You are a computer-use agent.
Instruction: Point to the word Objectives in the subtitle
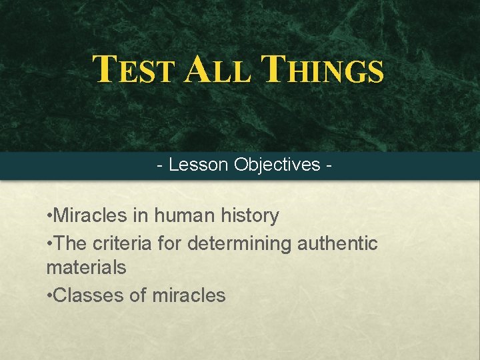[277, 165]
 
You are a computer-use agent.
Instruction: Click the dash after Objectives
[329, 165]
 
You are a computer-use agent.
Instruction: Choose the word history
[250, 215]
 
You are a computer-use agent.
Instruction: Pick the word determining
[240, 243]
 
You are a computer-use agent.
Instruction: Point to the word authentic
[338, 243]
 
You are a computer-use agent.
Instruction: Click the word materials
[86, 268]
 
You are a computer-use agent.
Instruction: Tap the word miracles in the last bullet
[189, 295]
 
